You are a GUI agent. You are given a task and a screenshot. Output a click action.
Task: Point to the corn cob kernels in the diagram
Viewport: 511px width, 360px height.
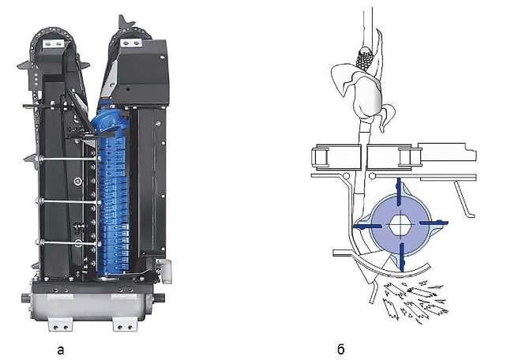(x=365, y=58)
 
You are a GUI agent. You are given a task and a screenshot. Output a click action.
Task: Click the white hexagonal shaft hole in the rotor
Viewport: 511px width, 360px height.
(x=403, y=223)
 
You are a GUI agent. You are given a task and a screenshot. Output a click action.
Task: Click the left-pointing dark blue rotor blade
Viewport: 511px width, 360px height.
(x=368, y=224)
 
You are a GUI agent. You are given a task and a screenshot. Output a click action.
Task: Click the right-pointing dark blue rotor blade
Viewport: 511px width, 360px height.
(x=434, y=223)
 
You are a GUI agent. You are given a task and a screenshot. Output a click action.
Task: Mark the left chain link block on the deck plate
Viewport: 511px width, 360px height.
(x=324, y=159)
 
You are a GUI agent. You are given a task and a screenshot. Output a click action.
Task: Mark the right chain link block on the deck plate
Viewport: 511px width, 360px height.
(x=406, y=159)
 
